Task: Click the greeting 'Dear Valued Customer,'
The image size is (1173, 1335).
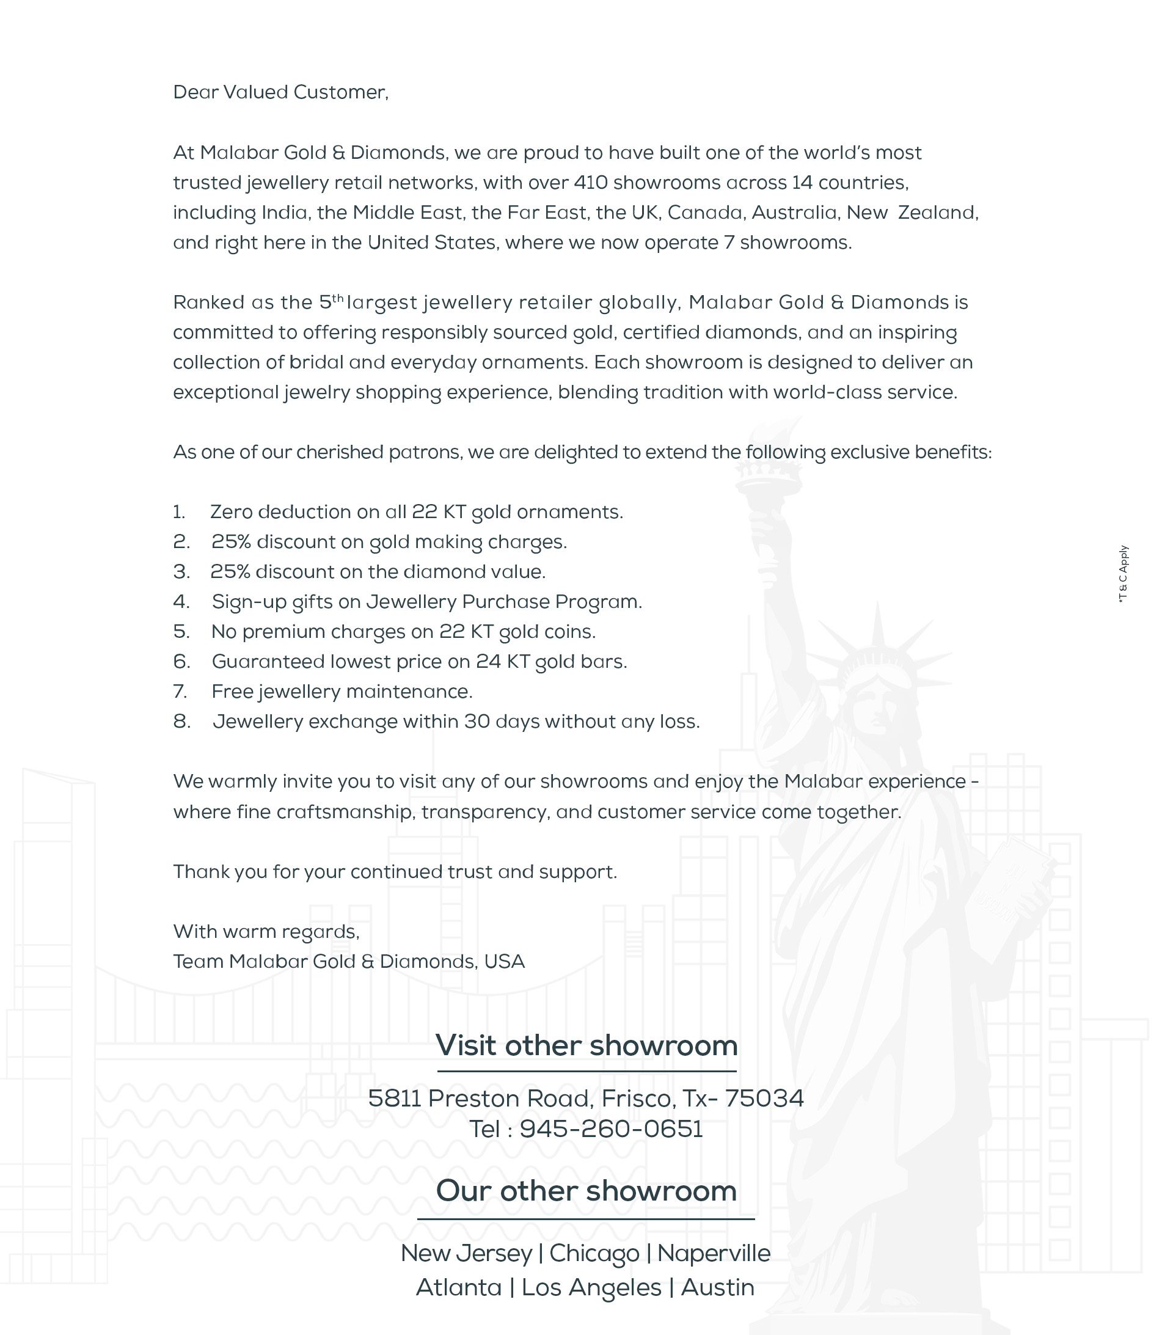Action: click(x=280, y=92)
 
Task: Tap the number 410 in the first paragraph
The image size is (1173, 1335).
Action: click(x=590, y=182)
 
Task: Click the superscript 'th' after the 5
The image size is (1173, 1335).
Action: click(x=338, y=299)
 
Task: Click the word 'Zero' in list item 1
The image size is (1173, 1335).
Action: click(x=231, y=512)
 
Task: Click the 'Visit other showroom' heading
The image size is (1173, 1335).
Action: click(x=586, y=1045)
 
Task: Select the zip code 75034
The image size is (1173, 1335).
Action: click(x=764, y=1099)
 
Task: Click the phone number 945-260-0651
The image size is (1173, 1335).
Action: click(x=611, y=1129)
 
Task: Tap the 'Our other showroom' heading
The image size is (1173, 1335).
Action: click(x=586, y=1191)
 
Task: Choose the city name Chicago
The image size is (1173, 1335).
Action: click(x=594, y=1253)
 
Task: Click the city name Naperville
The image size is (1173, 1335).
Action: click(x=713, y=1253)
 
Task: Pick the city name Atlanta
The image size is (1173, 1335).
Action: click(x=458, y=1287)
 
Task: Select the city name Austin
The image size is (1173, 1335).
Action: click(x=717, y=1287)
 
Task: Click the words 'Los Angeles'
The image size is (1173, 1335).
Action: click(x=591, y=1287)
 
